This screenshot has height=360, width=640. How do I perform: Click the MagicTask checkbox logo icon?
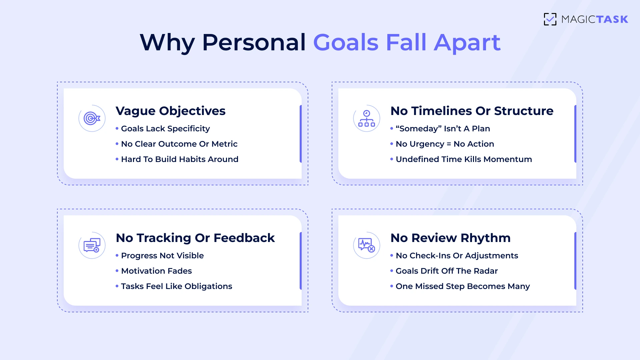[550, 19]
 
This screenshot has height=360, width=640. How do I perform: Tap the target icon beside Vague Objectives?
[92, 118]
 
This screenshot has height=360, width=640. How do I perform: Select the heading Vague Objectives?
[170, 111]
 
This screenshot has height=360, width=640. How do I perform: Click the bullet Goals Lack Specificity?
[165, 129]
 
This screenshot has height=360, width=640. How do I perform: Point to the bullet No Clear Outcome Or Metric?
[179, 144]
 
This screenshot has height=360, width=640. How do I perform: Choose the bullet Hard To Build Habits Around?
[180, 159]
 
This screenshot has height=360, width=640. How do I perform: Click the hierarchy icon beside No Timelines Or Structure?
[367, 118]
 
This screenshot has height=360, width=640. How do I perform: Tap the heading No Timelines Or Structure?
[472, 111]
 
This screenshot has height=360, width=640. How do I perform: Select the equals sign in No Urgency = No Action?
[449, 144]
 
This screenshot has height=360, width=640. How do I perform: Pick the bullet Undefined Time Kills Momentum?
[464, 159]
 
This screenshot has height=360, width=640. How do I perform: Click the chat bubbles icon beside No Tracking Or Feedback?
[92, 245]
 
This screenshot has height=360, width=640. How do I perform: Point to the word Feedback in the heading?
[244, 238]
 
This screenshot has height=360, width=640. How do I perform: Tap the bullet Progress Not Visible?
[162, 256]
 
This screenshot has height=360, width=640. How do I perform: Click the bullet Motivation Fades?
[156, 271]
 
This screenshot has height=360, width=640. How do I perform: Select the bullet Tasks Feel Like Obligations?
[176, 286]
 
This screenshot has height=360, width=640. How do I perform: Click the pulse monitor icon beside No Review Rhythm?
[367, 245]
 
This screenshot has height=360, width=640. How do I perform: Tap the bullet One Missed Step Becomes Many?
[463, 286]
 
